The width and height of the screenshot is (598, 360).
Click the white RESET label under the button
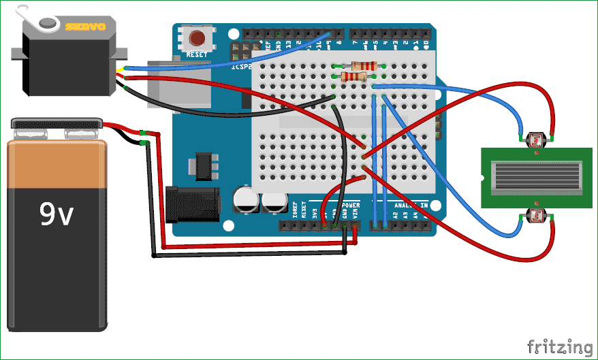197,54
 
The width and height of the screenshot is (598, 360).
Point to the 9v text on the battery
56,214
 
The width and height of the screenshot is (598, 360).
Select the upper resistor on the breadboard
360,66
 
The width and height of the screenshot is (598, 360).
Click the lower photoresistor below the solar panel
537,216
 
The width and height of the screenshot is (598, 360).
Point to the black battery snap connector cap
57,123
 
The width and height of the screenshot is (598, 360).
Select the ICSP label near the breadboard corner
240,67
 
